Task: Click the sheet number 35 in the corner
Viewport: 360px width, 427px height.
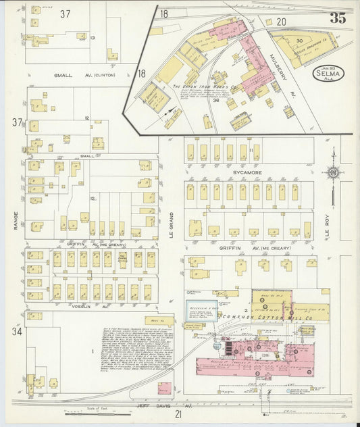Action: (338, 18)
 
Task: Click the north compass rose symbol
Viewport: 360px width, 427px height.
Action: (332, 173)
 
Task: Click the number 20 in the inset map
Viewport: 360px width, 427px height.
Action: (281, 22)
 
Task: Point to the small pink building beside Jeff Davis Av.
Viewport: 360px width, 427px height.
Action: (164, 388)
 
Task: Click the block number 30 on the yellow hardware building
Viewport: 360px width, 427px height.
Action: (299, 41)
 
